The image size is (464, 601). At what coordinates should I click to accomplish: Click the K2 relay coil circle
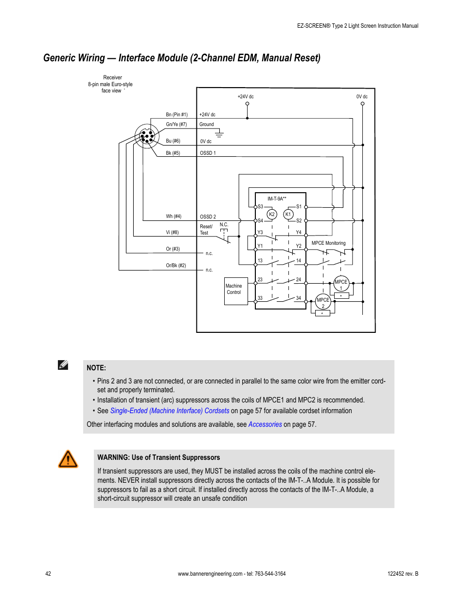pos(272,214)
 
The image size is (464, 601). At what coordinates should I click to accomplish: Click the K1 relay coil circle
pos(288,214)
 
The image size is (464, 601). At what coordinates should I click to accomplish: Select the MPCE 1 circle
pos(341,284)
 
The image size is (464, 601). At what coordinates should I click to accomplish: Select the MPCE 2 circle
pos(323,302)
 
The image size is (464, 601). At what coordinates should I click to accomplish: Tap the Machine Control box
pos(236,291)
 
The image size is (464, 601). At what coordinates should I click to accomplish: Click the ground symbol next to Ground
pos(219,133)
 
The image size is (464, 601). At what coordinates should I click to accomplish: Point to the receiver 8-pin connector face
pos(147,136)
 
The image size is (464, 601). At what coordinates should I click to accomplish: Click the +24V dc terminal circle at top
pos(247,104)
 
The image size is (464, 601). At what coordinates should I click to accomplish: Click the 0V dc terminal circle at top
pos(362,104)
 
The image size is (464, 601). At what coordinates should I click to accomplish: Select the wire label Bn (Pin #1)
pos(177,115)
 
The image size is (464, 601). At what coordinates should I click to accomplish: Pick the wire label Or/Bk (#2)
pos(176,266)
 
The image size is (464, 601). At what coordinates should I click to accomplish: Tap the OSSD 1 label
pos(208,153)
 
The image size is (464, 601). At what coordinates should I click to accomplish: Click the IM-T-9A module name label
pos(277,199)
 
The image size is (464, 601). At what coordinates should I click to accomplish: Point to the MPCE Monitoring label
pos(328,243)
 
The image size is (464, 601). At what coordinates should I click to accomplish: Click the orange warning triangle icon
pos(68,459)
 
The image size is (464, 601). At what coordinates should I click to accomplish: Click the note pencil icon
pos(63,365)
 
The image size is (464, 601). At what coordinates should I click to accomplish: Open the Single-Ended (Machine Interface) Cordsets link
pos(170,411)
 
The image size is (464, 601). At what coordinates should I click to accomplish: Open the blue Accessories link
pos(265,424)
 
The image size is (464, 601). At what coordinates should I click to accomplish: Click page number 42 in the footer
pos(48,574)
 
